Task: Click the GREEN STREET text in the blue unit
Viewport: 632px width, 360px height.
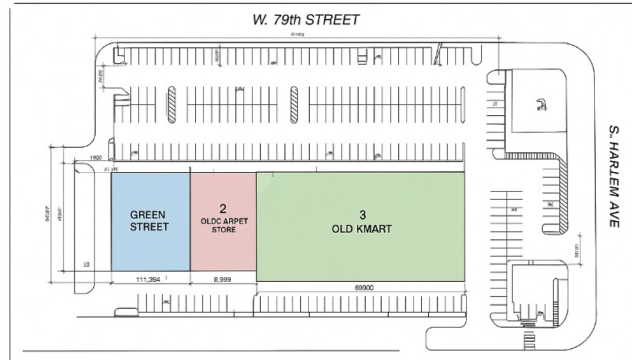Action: pyautogui.click(x=150, y=219)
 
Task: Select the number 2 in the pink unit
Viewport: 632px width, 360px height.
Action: pyautogui.click(x=223, y=209)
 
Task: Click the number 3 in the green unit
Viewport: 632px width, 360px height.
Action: pyautogui.click(x=362, y=215)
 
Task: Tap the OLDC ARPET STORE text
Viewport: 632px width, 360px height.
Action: pyautogui.click(x=223, y=227)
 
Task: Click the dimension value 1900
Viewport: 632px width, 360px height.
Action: pyautogui.click(x=96, y=158)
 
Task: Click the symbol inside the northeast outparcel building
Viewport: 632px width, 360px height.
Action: pyautogui.click(x=539, y=102)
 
